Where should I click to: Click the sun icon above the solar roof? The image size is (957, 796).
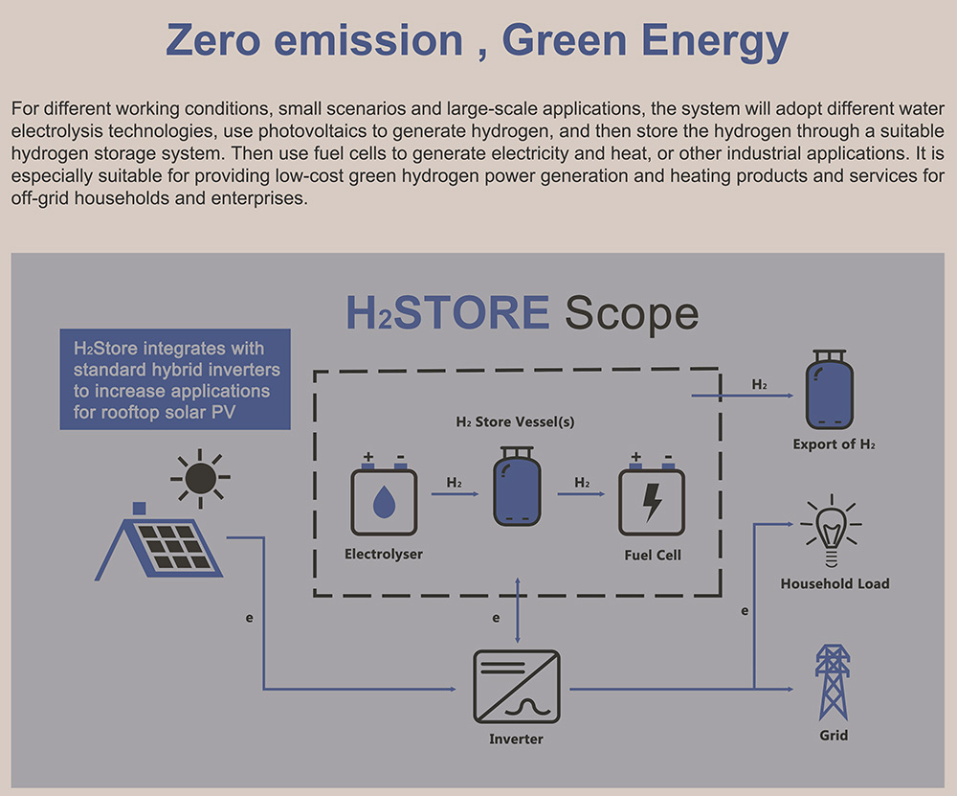pos(200,478)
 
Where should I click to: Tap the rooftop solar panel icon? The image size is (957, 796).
pos(159,542)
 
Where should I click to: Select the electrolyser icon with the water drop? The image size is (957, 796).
pos(384,495)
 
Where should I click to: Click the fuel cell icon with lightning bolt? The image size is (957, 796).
pos(652,495)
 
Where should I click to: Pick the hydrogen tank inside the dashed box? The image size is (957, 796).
pos(517,487)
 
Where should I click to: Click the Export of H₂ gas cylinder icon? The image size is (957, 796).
pos(830,390)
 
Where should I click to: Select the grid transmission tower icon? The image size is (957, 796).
pos(834,682)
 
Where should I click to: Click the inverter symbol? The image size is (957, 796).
pos(517,687)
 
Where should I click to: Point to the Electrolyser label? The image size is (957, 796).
pos(384,554)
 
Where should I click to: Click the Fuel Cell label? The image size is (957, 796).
pos(653,555)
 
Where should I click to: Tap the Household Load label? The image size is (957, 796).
pos(835,583)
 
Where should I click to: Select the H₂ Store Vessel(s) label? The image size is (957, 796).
pos(515,421)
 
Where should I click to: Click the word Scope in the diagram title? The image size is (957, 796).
pos(632,313)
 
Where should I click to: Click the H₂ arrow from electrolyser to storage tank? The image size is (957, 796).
pos(455,493)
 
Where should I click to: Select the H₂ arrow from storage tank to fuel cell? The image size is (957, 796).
pos(581,493)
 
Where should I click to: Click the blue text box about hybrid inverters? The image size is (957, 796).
pos(175,379)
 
